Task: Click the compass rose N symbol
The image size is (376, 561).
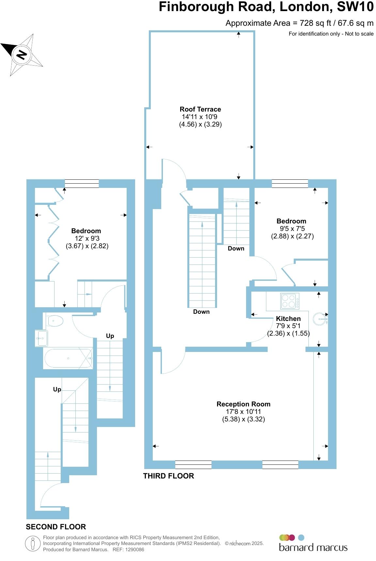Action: [22, 54]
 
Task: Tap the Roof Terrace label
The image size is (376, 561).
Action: [200, 109]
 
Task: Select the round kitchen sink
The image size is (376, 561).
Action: [320, 319]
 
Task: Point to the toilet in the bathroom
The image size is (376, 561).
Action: [55, 321]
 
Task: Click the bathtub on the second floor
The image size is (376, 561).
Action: [68, 358]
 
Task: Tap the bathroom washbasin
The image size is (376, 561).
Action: [41, 338]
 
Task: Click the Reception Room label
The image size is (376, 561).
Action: [243, 404]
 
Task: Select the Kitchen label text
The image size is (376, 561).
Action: [288, 319]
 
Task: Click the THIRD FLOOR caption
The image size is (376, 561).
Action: [168, 476]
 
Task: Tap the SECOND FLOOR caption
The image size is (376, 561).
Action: [56, 527]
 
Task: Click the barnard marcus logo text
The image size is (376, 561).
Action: [313, 547]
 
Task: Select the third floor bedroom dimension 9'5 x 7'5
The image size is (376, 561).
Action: [292, 229]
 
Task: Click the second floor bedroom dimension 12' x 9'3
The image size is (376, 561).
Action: [87, 238]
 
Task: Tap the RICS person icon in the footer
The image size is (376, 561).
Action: [33, 544]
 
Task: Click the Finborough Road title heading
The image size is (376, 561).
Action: [266, 7]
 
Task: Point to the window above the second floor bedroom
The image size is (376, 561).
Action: [82, 184]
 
